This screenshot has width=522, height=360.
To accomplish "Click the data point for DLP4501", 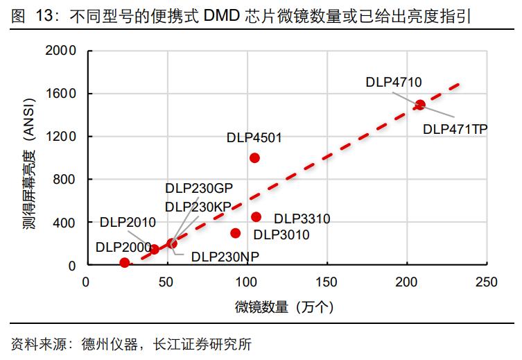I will coord(254,157).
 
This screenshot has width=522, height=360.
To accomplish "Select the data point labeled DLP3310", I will coord(256,217).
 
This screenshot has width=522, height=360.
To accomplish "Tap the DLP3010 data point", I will coord(236,233).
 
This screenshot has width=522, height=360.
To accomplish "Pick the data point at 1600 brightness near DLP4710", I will coord(419,105).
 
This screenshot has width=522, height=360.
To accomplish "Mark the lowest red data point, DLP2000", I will coord(125,263).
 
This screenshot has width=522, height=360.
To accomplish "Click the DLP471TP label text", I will coord(455,129).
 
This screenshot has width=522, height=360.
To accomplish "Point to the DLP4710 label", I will coord(393,83).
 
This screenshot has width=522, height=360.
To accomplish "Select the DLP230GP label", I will coord(198,189).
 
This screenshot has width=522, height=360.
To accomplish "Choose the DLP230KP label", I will coord(198,207).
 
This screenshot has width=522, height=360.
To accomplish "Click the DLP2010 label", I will coord(128,222).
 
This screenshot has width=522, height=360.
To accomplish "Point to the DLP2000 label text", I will coord(123,246).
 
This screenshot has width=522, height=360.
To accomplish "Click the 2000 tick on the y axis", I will coord(60,51).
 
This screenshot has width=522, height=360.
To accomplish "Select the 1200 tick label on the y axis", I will coord(60,137).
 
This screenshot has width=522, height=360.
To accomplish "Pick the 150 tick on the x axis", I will coord(327,282).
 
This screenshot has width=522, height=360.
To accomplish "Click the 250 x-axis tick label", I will coord(487,282).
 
